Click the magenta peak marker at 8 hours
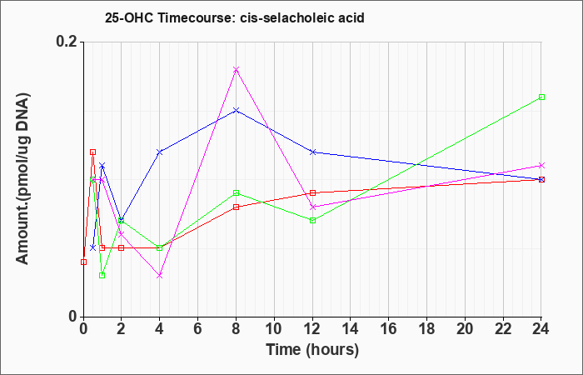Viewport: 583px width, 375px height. click(x=236, y=69)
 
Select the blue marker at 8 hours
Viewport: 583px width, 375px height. click(x=236, y=111)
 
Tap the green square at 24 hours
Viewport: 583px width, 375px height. click(x=541, y=97)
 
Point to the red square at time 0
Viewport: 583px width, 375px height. click(x=83, y=262)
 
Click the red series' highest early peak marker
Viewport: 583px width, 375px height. click(x=93, y=152)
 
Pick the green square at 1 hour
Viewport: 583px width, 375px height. click(x=102, y=275)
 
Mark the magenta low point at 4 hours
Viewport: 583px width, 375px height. click(x=160, y=275)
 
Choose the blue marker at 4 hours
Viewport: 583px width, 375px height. click(x=160, y=152)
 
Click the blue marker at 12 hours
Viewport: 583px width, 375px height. click(x=312, y=152)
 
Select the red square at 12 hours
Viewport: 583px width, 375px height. click(x=312, y=192)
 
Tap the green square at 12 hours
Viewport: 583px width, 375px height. click(x=312, y=220)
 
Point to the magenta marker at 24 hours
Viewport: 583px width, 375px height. click(x=541, y=165)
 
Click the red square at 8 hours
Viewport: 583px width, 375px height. click(x=236, y=207)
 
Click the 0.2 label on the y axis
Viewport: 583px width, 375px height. click(x=66, y=42)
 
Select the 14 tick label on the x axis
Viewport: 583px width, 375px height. click(x=351, y=329)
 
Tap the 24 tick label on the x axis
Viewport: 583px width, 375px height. click(x=541, y=329)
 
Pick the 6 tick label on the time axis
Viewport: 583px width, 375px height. click(x=198, y=329)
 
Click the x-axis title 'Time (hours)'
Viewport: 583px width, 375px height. click(x=312, y=350)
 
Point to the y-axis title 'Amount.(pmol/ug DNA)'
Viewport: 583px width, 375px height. click(x=23, y=178)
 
